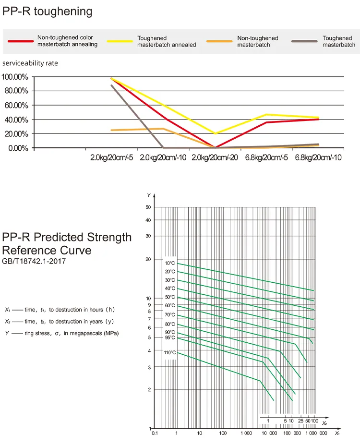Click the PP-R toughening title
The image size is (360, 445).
47,12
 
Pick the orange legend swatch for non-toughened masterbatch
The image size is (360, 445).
220,41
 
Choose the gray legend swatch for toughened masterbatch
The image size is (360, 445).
305,41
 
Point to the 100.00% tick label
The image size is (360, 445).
15,77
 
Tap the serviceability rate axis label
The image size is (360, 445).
30,63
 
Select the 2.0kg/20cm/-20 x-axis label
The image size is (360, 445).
215,157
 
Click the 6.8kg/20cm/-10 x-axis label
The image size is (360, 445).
318,157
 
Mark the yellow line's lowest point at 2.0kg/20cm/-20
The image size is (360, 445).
215,133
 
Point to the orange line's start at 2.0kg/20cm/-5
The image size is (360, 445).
112,130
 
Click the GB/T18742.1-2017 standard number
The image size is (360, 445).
34,262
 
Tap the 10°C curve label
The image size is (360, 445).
170,263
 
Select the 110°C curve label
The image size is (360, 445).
170,353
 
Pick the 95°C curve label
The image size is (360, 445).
170,337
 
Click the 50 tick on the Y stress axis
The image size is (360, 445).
148,207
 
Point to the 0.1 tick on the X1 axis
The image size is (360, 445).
155,433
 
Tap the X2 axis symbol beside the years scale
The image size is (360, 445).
324,423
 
